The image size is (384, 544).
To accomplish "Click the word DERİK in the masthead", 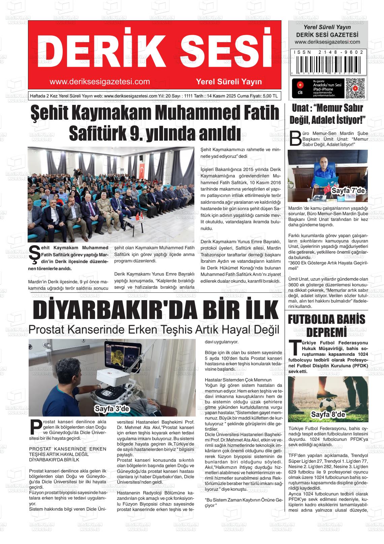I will coord(91,50).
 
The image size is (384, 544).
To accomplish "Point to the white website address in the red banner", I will coord(99,82).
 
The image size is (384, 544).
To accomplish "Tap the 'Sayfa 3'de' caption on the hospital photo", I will coord(112,409).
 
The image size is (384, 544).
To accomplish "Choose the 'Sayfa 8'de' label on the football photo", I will coord(328,414).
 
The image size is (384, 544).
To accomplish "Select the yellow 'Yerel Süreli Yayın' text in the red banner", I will coord(229,82).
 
